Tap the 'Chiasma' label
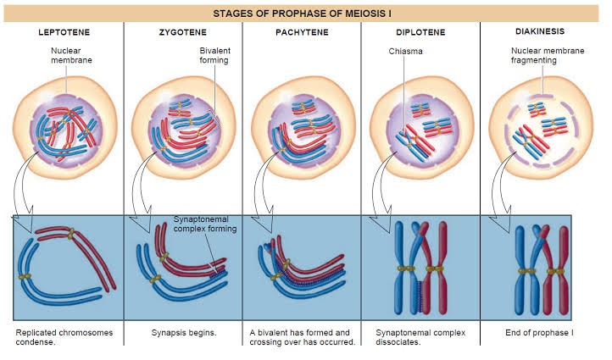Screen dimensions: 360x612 pyautogui.click(x=395, y=51)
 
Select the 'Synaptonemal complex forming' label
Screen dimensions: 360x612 pyautogui.click(x=204, y=223)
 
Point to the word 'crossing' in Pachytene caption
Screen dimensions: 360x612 pyautogui.click(x=270, y=342)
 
